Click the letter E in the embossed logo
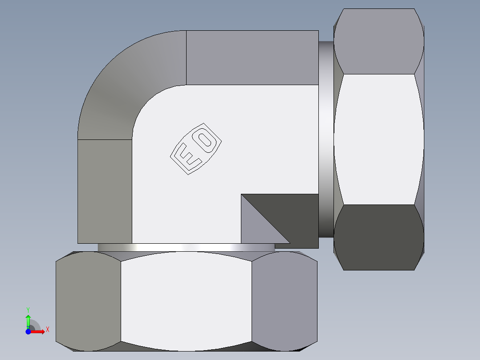[x=186, y=157]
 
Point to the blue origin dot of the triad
[x=28, y=331]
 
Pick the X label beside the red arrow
[x=47, y=330]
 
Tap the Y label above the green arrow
[x=28, y=309]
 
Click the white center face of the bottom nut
[x=186, y=301]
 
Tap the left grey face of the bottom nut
[x=88, y=301]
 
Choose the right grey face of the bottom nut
[x=284, y=301]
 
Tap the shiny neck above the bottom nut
[x=186, y=247]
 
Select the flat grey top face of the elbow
[x=252, y=57]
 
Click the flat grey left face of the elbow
[x=105, y=192]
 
